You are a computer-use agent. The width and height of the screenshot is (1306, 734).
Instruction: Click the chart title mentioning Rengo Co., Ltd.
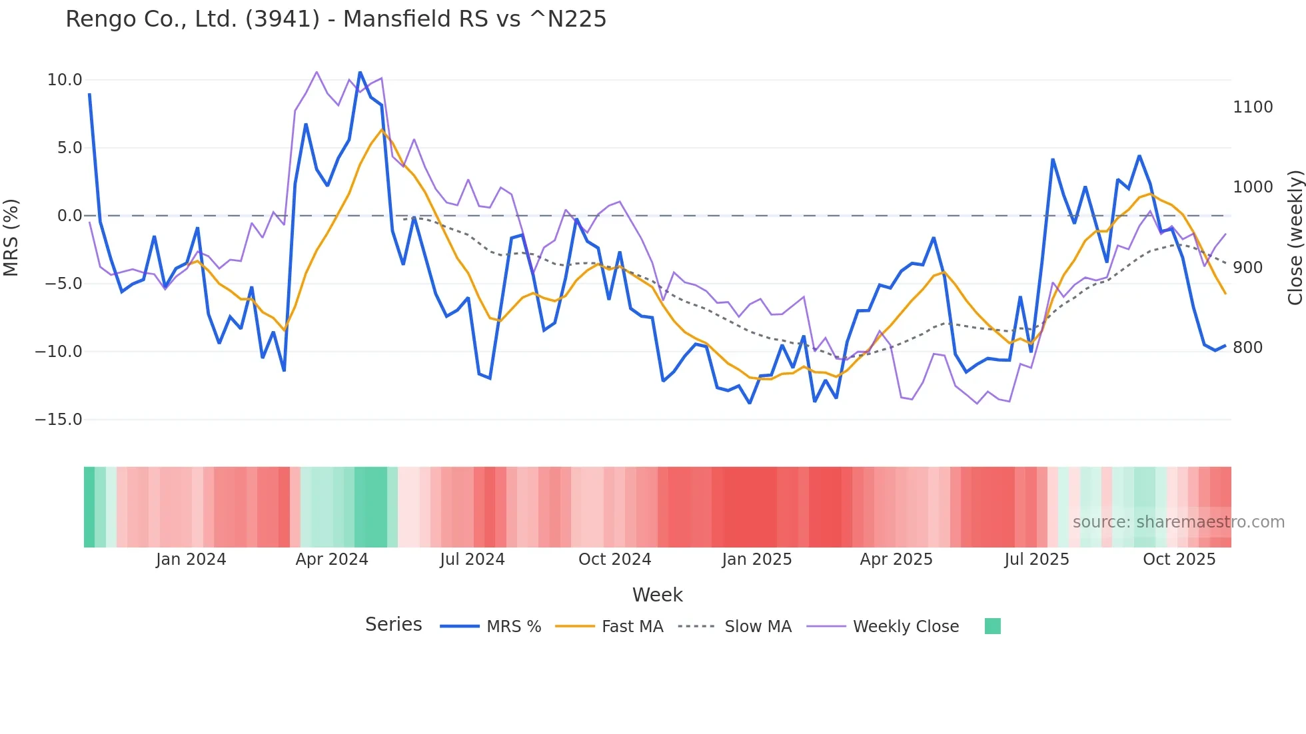336,19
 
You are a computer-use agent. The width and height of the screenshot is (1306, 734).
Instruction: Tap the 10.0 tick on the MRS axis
65,80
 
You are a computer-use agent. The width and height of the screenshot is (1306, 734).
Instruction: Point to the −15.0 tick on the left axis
59,420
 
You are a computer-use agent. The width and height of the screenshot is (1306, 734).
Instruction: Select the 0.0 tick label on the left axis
69,216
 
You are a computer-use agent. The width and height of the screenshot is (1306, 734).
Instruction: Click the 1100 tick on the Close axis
1253,107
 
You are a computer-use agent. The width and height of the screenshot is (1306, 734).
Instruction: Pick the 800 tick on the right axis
1247,348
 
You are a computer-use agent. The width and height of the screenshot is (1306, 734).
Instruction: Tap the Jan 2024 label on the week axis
191,559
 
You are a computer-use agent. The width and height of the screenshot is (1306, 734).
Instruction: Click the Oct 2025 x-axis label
1179,559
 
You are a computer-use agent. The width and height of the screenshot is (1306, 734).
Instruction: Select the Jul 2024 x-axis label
472,559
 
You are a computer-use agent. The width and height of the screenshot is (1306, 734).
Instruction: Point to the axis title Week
657,595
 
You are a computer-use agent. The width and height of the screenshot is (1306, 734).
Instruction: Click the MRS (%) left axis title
11,237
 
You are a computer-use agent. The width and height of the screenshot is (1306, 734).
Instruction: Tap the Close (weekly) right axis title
1295,237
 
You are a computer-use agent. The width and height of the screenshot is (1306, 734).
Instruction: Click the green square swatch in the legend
992,626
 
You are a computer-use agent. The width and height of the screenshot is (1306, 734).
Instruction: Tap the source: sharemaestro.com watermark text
1178,522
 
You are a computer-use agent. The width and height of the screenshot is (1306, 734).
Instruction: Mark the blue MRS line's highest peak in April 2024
360,72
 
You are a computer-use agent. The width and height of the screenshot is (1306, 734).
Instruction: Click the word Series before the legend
393,625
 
